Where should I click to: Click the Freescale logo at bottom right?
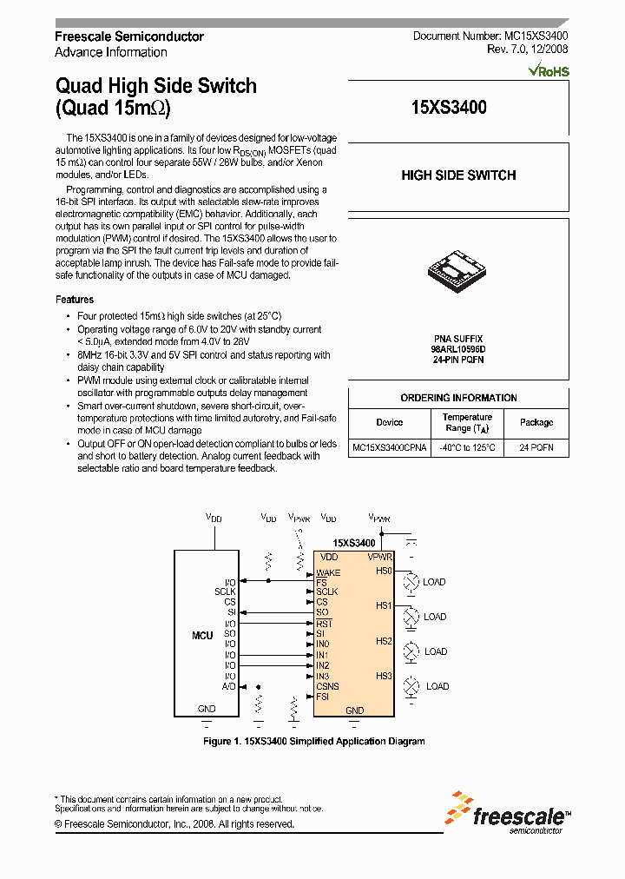(x=509, y=813)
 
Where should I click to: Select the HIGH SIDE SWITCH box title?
(x=458, y=175)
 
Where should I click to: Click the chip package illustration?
(x=457, y=268)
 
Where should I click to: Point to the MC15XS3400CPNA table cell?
(x=390, y=448)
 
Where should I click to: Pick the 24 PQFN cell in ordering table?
(x=536, y=448)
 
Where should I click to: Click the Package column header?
(x=536, y=422)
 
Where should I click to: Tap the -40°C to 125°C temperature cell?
(x=468, y=448)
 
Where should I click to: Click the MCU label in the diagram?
(x=202, y=636)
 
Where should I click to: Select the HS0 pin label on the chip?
(x=384, y=571)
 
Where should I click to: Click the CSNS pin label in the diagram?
(x=327, y=686)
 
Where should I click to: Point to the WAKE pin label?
(x=328, y=572)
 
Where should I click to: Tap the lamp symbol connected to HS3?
(x=411, y=686)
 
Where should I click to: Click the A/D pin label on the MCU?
(x=229, y=686)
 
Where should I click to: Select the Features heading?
(x=75, y=300)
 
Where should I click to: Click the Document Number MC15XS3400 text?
(x=490, y=36)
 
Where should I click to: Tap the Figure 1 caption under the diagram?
(x=313, y=741)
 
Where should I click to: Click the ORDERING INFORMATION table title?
(x=458, y=398)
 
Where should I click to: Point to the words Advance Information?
(x=111, y=52)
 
